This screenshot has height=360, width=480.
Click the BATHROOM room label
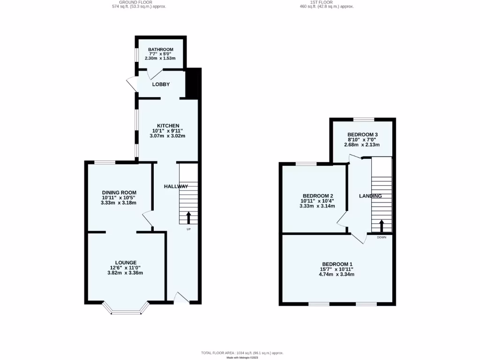(161, 50)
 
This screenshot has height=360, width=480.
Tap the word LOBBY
(161, 84)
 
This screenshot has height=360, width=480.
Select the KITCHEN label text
(168, 126)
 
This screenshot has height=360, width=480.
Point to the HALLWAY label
(176, 187)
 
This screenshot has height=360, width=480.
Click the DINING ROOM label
(120, 193)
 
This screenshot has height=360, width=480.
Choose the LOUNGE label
(126, 262)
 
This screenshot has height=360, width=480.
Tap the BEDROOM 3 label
(362, 135)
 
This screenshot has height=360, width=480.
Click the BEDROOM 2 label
(318, 196)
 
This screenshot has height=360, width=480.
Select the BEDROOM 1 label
(337, 264)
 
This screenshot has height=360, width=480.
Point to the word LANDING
(370, 196)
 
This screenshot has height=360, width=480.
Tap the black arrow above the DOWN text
(381, 226)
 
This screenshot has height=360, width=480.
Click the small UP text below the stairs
(189, 229)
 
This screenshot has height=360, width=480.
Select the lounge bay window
(126, 309)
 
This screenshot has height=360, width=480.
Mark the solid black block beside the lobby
(193, 83)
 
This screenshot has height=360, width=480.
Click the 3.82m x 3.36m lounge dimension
(126, 273)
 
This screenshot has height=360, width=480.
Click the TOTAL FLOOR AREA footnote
(242, 352)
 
